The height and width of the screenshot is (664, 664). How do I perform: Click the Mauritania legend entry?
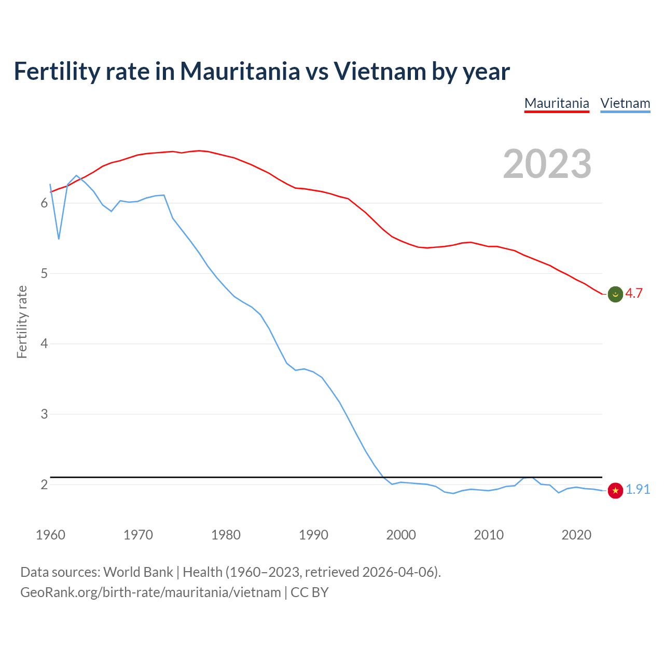tap(557, 103)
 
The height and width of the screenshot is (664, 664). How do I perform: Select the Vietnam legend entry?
tap(625, 103)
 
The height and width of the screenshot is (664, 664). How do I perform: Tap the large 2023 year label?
tap(547, 164)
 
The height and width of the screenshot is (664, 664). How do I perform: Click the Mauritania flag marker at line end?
tap(615, 294)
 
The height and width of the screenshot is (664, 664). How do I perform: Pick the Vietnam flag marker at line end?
tap(615, 490)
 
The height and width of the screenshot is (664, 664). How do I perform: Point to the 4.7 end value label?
tap(634, 293)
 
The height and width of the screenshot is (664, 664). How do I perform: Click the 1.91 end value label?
tap(638, 489)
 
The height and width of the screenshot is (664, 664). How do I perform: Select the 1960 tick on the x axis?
tap(50, 535)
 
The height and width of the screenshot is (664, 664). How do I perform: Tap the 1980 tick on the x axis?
tap(226, 535)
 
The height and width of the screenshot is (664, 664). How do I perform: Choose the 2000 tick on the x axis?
tap(401, 535)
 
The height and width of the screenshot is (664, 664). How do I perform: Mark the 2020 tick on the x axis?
tap(576, 535)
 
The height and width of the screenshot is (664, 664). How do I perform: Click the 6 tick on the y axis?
tap(44, 203)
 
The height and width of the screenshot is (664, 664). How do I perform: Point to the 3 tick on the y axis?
tap(44, 414)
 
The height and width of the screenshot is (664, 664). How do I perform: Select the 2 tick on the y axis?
tap(44, 485)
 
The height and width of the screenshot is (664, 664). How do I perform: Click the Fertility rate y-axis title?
tap(22, 322)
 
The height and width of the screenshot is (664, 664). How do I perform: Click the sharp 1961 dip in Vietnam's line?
tap(59, 239)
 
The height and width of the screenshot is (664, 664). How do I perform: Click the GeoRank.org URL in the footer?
tap(150, 592)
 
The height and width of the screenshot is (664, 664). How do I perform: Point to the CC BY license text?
tap(310, 592)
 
